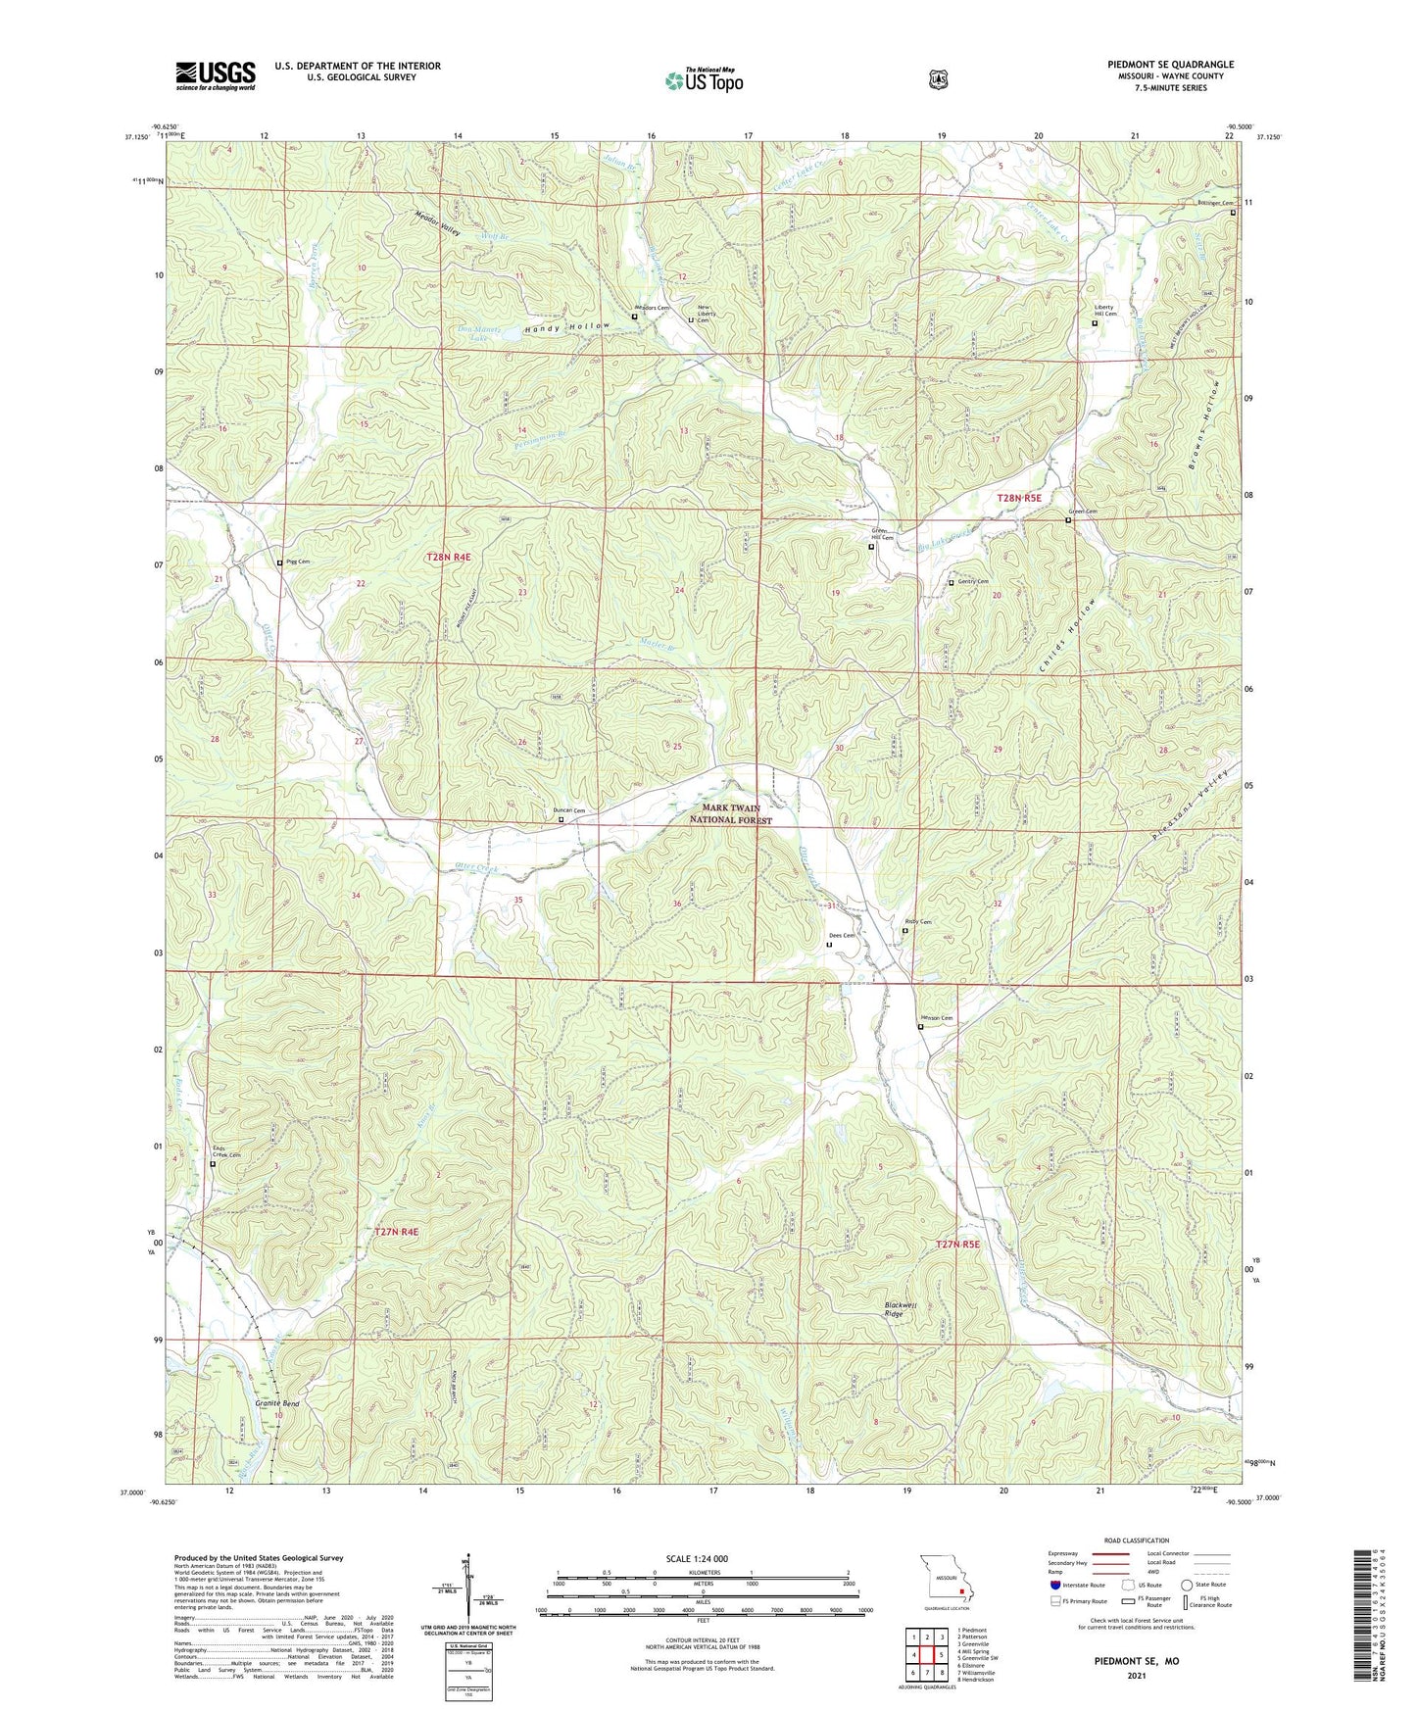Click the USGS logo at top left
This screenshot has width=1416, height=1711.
click(x=215, y=75)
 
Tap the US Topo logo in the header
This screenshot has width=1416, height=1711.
click(x=704, y=80)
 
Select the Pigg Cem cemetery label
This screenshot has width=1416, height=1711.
click(x=296, y=562)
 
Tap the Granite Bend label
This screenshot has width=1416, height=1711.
click(x=277, y=1404)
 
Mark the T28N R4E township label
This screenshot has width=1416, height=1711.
click(x=448, y=557)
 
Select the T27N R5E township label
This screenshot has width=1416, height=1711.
click(x=956, y=1245)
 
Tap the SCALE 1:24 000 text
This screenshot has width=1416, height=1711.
click(x=696, y=1559)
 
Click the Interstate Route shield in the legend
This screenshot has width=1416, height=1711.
click(x=1054, y=1585)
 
